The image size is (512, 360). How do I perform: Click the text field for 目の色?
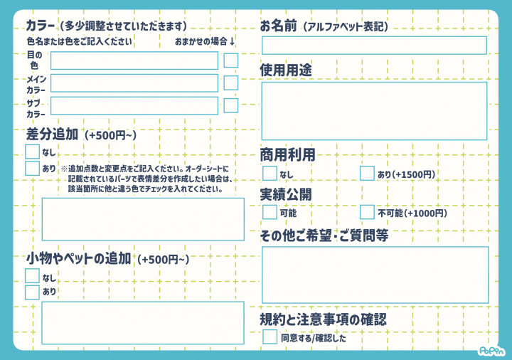pos(134,60)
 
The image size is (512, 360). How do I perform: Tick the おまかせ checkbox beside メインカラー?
pos(231,83)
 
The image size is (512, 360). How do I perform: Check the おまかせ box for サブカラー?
pos(231,105)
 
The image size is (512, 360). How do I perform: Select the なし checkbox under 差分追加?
pos(32,152)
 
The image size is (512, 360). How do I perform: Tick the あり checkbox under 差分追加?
pos(32,168)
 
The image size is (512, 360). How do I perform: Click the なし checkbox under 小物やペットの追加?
pos(32,276)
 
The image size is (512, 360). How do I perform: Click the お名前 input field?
pos(374,45)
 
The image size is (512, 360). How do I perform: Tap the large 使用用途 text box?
pos(374,111)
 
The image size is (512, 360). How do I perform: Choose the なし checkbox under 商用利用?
pos(270,173)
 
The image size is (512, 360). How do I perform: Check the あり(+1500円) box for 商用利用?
pos(367,173)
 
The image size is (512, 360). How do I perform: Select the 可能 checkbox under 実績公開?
pos(270,212)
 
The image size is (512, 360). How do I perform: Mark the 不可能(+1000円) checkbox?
pos(367,212)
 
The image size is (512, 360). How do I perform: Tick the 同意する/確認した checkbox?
pos(270,337)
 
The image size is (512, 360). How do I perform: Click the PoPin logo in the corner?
pos(491,351)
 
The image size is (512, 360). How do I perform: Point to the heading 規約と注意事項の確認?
pos(324,319)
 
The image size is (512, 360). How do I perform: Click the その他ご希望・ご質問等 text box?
pos(375,275)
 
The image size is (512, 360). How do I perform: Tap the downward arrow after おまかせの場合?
pos(232,41)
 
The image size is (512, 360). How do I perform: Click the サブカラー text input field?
pos(134,105)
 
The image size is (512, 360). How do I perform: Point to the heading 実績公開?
pos(286,195)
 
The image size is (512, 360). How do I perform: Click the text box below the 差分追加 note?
pos(143,219)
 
